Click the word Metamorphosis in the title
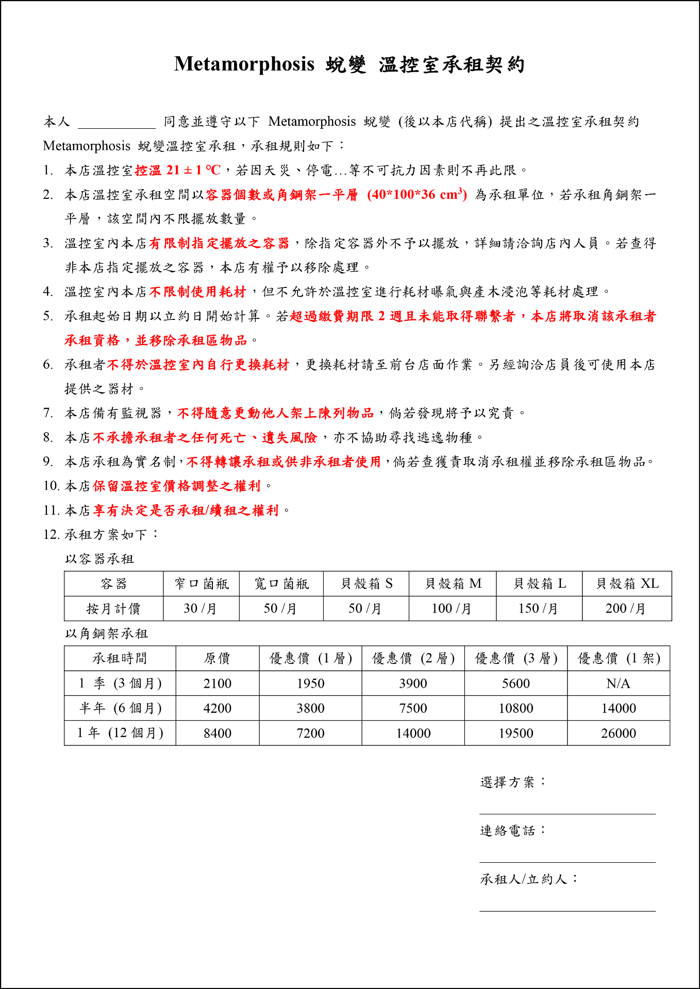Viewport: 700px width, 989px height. [x=244, y=64]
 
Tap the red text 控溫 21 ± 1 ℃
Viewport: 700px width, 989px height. [x=177, y=170]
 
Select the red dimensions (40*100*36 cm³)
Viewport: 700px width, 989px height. [x=417, y=195]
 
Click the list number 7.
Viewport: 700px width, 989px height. [x=48, y=413]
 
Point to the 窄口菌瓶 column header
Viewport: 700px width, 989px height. [x=201, y=584]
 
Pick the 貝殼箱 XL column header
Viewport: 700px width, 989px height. [x=627, y=584]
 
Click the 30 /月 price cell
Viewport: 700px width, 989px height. [x=200, y=608]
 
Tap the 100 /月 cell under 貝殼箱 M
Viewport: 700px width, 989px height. [x=452, y=608]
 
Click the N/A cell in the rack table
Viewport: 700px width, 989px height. [x=618, y=684]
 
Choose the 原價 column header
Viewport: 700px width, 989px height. [x=217, y=658]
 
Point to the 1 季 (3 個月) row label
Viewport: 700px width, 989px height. [x=120, y=684]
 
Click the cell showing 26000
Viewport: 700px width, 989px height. [x=618, y=733]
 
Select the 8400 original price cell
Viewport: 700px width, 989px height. [x=217, y=733]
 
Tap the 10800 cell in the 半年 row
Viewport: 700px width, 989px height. [x=515, y=708]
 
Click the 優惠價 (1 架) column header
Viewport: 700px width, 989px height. [x=618, y=658]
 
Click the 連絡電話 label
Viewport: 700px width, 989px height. [x=512, y=831]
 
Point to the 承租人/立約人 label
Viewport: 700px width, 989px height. [x=529, y=879]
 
